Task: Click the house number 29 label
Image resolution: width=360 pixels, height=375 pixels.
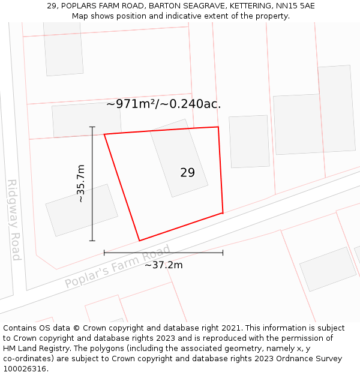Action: [187, 173]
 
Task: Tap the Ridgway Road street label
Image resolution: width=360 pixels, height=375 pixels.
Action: [14, 220]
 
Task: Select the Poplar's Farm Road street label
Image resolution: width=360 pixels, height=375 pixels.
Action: [118, 267]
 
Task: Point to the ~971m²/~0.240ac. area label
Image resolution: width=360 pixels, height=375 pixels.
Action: [164, 104]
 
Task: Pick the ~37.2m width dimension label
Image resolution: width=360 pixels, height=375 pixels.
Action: [164, 265]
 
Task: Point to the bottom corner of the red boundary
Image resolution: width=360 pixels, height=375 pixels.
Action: [140, 241]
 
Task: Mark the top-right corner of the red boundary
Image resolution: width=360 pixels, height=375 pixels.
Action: [218, 127]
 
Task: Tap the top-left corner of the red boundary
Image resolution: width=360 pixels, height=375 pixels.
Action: [104, 134]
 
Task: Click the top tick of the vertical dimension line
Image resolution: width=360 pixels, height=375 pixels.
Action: [92, 127]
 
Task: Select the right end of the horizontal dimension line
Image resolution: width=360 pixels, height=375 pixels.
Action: [223, 253]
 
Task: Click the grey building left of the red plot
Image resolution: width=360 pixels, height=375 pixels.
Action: [82, 210]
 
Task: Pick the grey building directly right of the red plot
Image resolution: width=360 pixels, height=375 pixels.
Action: [249, 142]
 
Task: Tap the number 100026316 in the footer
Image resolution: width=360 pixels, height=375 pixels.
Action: [25, 368]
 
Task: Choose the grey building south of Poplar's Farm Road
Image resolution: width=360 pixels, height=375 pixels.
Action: [328, 269]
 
